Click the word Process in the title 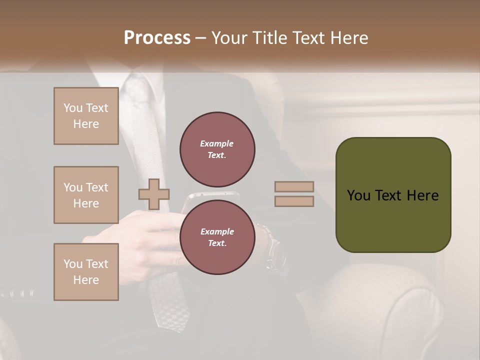[157, 38]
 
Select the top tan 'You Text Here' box [86, 116]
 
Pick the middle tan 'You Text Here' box [86, 195]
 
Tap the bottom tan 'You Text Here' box [86, 272]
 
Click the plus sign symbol [154, 194]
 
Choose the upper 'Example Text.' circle [217, 149]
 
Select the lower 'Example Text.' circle [217, 237]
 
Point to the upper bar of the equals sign [294, 187]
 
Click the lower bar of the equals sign [294, 201]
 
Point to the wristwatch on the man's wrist [270, 245]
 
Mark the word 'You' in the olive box [358, 195]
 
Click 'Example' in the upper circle [217, 143]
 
